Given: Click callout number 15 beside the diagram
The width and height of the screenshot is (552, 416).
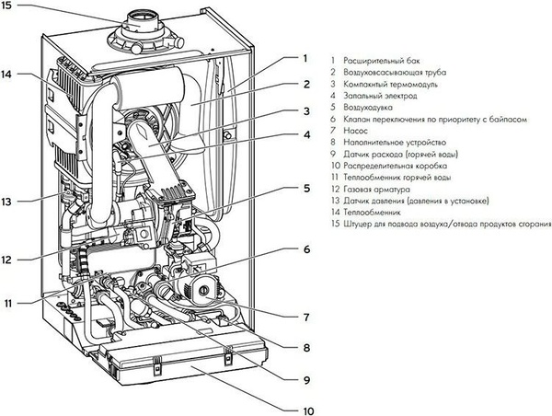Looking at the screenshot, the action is tap(6, 6).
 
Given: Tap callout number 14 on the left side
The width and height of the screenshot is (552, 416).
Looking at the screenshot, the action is tap(6, 75).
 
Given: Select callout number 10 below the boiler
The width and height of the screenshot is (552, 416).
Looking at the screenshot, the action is tap(308, 411).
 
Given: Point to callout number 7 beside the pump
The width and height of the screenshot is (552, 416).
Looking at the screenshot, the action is tap(306, 317).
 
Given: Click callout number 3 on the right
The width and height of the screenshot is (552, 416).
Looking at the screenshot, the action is tap(306, 111).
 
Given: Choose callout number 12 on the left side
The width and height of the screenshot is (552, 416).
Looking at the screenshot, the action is tap(6, 260).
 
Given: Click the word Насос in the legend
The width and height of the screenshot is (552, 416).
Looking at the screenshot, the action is tap(355, 131).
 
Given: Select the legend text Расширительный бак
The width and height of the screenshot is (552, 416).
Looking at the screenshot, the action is tap(382, 61).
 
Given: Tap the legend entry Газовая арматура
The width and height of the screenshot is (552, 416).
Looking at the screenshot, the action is tap(376, 190).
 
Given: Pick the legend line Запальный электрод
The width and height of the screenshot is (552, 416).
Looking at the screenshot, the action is tap(380, 96).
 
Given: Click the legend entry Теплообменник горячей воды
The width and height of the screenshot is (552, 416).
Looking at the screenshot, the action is tap(397, 178).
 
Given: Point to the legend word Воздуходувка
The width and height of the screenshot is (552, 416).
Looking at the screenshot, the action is tap(368, 108).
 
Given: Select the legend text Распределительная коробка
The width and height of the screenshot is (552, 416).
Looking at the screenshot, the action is tap(396, 166).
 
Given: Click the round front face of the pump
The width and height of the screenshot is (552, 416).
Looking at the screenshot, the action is tap(203, 291).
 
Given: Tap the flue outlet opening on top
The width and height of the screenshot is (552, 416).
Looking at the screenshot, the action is tap(142, 18).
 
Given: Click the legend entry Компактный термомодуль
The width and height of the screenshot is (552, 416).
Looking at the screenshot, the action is tap(390, 85).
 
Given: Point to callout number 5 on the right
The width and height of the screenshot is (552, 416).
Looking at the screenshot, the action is tap(306, 188).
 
